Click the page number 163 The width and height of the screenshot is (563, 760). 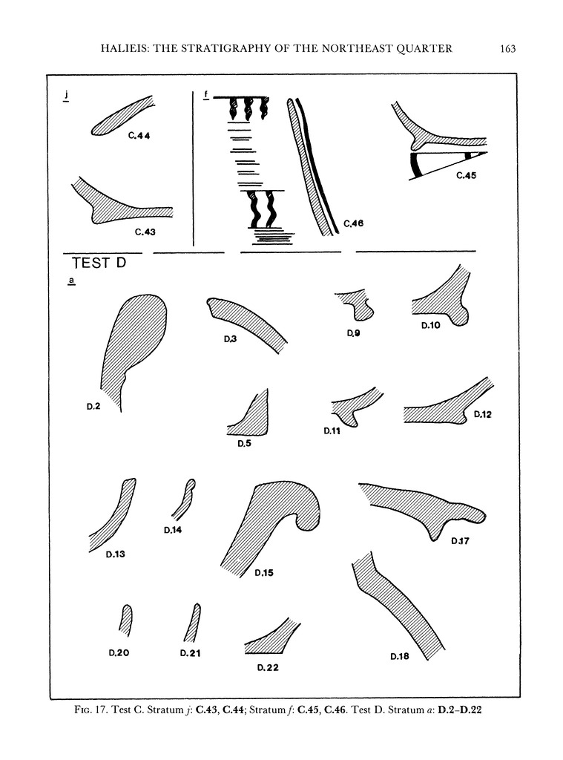(507, 49)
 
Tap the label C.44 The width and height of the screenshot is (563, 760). (139, 136)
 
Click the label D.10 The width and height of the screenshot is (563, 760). (430, 325)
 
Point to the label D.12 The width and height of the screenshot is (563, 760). (483, 414)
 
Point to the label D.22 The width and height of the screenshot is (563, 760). (268, 668)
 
